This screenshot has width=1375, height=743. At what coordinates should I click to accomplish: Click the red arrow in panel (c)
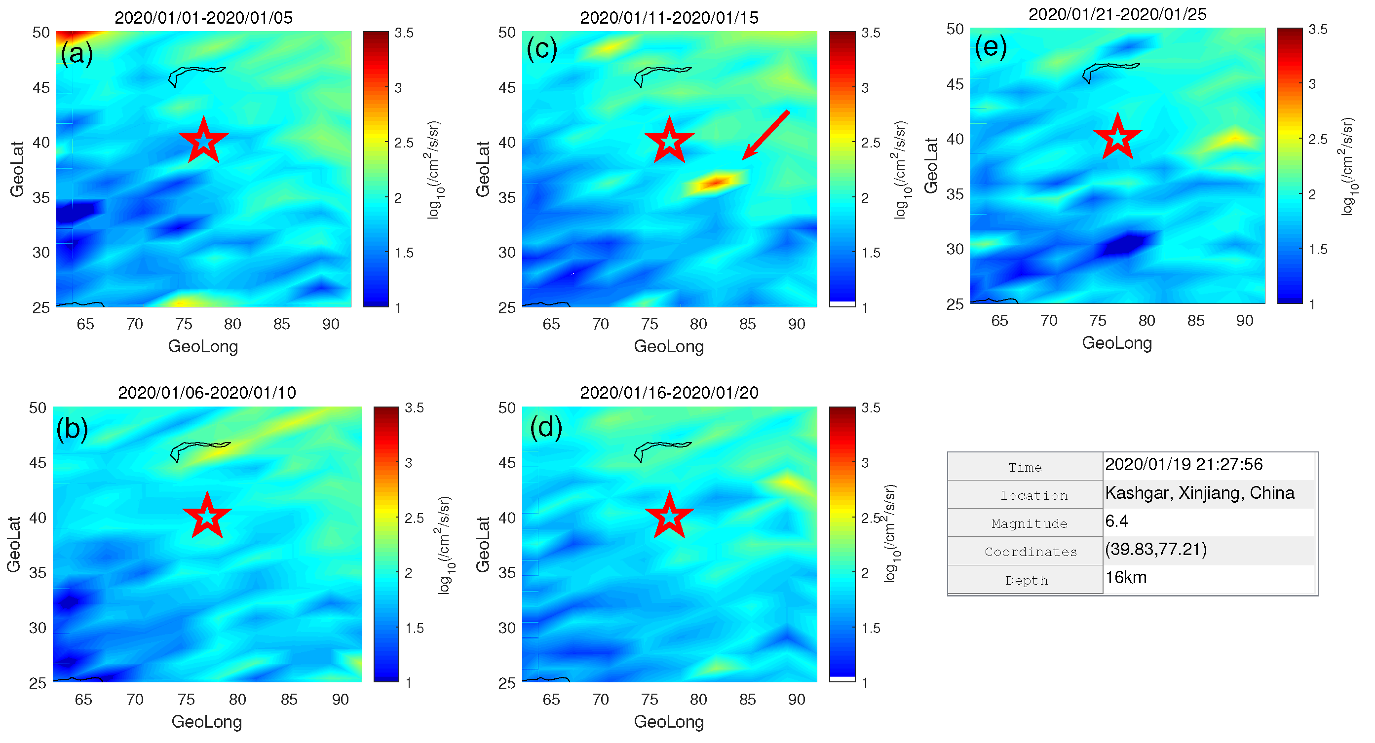click(x=765, y=135)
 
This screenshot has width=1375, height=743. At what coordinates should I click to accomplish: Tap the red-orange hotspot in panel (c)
click(x=715, y=183)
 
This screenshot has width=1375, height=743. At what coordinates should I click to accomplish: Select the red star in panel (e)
click(x=1117, y=137)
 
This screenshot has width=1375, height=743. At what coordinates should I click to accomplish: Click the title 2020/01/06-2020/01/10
click(x=207, y=392)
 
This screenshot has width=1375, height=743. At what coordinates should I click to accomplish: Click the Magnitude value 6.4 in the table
click(x=1117, y=521)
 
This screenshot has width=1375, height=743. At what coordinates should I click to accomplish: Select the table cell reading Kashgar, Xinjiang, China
click(x=1199, y=493)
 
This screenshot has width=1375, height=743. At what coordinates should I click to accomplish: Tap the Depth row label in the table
click(x=1026, y=580)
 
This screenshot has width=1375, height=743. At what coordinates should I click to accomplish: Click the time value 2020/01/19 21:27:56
click(x=1184, y=464)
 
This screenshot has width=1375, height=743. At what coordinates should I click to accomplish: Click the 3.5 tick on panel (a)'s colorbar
click(x=404, y=33)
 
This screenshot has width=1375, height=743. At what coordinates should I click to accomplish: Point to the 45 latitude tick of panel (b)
click(x=38, y=462)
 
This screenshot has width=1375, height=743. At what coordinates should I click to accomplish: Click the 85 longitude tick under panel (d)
click(x=747, y=699)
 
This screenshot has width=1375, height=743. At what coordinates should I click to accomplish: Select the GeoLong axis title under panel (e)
click(x=1117, y=343)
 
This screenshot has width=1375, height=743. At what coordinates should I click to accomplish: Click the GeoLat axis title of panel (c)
click(x=483, y=169)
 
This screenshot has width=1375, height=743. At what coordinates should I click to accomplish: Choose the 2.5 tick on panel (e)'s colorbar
click(x=1318, y=139)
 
